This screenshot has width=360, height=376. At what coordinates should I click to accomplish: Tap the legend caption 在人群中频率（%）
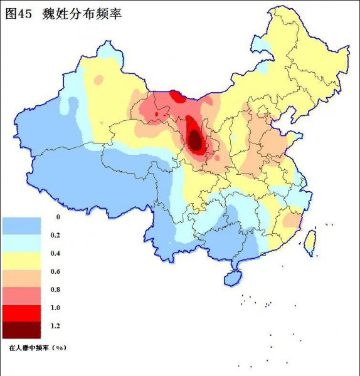coord(37,346)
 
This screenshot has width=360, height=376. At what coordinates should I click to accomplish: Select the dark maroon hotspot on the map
coord(196,140)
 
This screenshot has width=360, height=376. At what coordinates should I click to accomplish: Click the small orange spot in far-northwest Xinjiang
coord(98,80)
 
